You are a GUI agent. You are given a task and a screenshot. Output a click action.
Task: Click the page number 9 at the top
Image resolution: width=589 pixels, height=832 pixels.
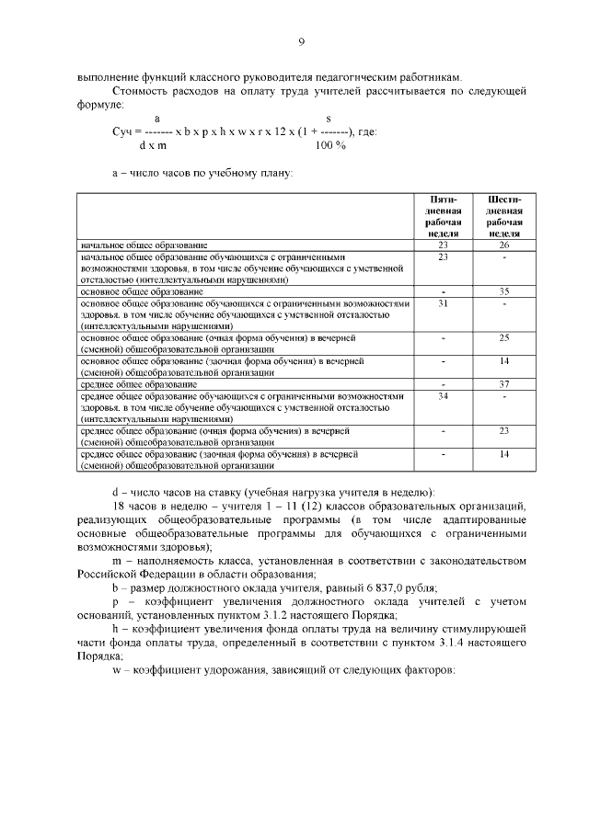(301, 40)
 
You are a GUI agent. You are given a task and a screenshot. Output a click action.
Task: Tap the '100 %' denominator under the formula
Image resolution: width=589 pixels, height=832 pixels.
(330, 145)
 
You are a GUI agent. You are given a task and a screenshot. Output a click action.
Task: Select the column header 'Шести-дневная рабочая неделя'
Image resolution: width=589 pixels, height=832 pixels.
(503, 216)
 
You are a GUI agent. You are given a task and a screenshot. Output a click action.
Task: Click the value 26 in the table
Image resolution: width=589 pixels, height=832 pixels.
(503, 245)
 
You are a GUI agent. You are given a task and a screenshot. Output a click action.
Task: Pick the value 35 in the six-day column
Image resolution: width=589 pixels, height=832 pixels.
(503, 291)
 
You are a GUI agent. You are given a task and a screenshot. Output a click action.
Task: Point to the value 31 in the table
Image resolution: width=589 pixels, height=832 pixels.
(443, 302)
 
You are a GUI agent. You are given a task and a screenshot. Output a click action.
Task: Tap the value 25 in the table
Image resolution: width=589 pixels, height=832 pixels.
(503, 338)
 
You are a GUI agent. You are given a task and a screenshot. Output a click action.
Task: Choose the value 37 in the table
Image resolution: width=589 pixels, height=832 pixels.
(503, 384)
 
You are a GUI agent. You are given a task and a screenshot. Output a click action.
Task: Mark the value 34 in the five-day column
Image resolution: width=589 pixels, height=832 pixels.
(443, 395)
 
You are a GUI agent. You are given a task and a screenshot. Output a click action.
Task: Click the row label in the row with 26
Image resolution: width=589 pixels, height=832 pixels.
(143, 245)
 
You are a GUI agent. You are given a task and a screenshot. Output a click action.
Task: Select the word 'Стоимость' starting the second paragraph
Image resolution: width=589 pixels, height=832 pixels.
(139, 91)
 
